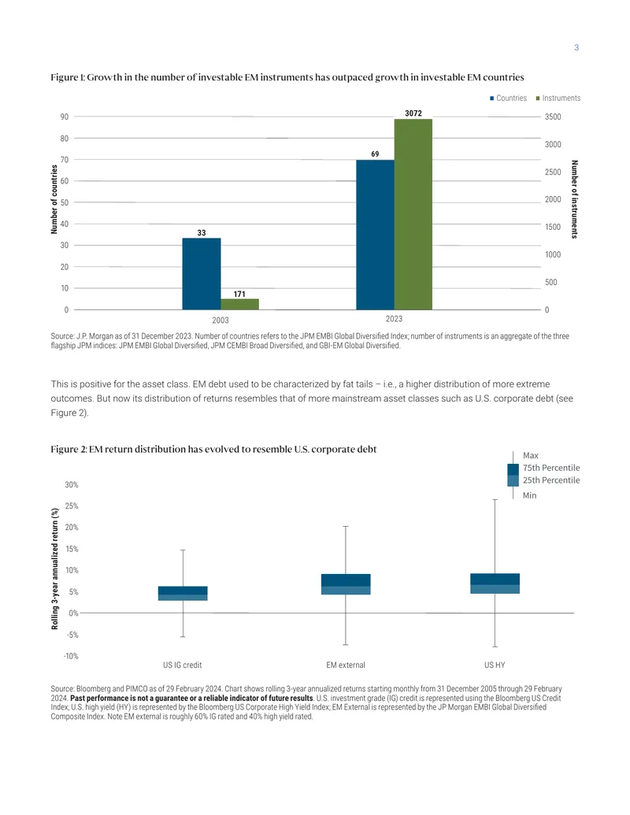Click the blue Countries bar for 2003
point(201,274)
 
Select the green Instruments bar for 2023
point(413,214)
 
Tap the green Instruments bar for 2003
point(239,304)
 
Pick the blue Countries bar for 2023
point(376,235)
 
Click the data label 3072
point(413,113)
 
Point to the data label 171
point(239,295)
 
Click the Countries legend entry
point(508,98)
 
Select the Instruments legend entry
point(558,98)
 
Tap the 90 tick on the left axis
point(65,117)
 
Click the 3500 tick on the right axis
point(553,117)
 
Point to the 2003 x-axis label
point(220,320)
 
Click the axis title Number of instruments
point(574,199)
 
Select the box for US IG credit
point(183,594)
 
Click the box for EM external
point(346,584)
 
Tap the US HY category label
point(495,665)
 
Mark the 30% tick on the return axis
point(72,485)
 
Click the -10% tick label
point(71,657)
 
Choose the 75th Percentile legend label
point(551,468)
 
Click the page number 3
point(576,48)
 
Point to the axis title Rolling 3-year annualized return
point(54,569)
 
